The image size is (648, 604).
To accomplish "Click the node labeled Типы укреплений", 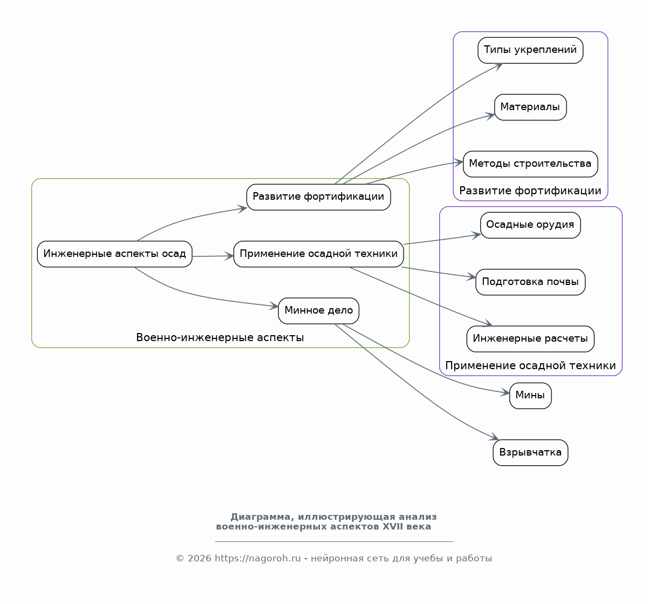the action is tap(530, 50).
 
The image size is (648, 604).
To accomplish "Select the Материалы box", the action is tap(530, 107).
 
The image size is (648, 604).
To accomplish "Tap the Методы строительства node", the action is tap(530, 164).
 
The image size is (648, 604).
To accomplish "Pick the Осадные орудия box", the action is tap(530, 225).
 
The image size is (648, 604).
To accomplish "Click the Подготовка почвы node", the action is tap(530, 282).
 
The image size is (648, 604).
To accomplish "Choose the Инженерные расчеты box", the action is tap(530, 339).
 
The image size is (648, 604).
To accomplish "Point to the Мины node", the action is tap(530, 396).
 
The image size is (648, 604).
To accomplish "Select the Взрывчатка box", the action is tap(530, 453).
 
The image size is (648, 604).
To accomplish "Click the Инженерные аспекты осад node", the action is tap(114, 254).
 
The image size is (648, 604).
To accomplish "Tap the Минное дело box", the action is tap(318, 311).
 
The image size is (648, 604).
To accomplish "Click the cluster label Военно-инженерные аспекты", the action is tap(220, 337).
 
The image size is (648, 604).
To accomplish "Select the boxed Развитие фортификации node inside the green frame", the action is tap(318, 197).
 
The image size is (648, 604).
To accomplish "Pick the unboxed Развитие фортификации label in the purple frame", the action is tap(530, 191).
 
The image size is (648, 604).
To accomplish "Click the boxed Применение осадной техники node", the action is tap(318, 254).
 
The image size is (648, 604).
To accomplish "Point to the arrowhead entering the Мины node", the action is tap(505, 393).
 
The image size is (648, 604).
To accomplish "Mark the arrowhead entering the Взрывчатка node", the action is tap(494, 437).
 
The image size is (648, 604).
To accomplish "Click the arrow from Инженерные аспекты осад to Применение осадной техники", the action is tap(213, 256).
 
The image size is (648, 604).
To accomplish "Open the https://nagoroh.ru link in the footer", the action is tap(257, 559).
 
